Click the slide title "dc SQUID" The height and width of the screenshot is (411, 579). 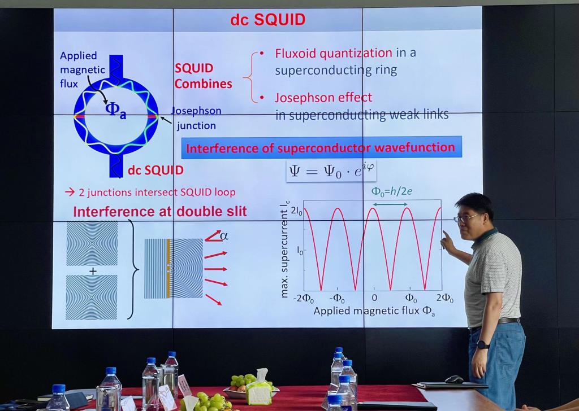point(267,20)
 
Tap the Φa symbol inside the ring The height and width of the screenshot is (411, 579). point(115,110)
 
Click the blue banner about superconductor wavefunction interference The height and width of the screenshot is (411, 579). point(321,148)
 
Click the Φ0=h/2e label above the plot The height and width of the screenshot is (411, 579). point(392,191)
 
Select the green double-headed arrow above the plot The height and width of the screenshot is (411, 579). point(390,204)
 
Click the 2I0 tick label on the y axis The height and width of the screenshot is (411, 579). point(297,212)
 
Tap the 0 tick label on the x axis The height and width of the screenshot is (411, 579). point(374,298)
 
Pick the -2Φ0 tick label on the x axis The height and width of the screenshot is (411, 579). point(304,298)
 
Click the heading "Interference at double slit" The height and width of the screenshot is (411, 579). point(160,212)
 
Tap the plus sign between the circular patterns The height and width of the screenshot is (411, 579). point(93,272)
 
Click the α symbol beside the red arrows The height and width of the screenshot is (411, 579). point(224,235)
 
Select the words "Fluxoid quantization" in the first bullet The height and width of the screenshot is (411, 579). point(334,54)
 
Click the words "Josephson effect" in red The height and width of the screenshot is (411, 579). point(323,98)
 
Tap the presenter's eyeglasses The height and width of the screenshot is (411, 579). point(466,218)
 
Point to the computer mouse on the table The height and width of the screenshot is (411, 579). point(454,379)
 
